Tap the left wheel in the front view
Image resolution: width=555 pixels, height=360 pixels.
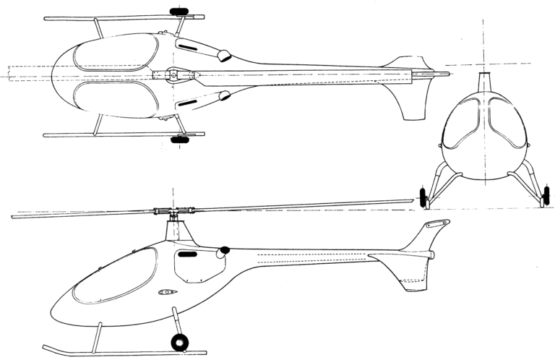pyautogui.click(x=423, y=197)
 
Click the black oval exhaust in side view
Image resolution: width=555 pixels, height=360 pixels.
pyautogui.click(x=225, y=250)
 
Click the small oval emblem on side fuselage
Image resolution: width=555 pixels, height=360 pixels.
pyautogui.click(x=167, y=293)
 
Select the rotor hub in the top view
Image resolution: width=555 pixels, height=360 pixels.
pyautogui.click(x=174, y=74)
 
